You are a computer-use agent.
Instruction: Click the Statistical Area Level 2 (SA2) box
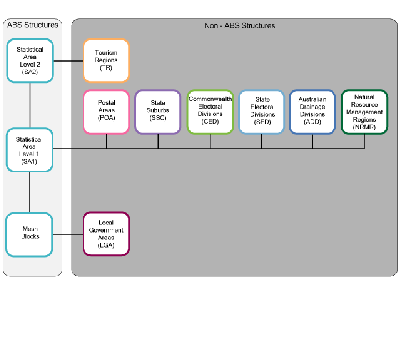pyautogui.click(x=30, y=61)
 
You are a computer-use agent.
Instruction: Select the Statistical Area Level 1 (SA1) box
pyautogui.click(x=30, y=150)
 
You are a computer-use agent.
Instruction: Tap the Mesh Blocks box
pyautogui.click(x=30, y=234)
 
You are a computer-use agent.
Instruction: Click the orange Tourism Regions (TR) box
pyautogui.click(x=106, y=61)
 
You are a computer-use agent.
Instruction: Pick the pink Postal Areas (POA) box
pyautogui.click(x=106, y=112)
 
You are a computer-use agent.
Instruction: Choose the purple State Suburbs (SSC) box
pyautogui.click(x=158, y=112)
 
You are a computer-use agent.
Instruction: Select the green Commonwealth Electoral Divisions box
pyautogui.click(x=210, y=112)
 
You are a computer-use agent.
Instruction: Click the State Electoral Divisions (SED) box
pyautogui.click(x=262, y=112)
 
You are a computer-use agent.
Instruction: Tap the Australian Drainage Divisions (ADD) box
pyautogui.click(x=313, y=112)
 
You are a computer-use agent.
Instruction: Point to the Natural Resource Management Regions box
pyautogui.click(x=365, y=112)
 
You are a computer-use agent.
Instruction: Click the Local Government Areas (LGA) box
pyautogui.click(x=106, y=234)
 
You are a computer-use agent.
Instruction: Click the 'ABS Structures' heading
pyautogui.click(x=32, y=25)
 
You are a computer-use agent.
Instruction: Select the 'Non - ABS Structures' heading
pyautogui.click(x=240, y=25)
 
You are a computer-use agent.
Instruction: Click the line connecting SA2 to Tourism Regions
pyautogui.click(x=68, y=61)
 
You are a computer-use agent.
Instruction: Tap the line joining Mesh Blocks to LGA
pyautogui.click(x=68, y=234)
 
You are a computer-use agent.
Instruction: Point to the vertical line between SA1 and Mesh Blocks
pyautogui.click(x=30, y=192)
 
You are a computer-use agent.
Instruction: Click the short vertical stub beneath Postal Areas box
pyautogui.click(x=107, y=142)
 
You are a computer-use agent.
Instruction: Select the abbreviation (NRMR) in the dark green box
pyautogui.click(x=365, y=127)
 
